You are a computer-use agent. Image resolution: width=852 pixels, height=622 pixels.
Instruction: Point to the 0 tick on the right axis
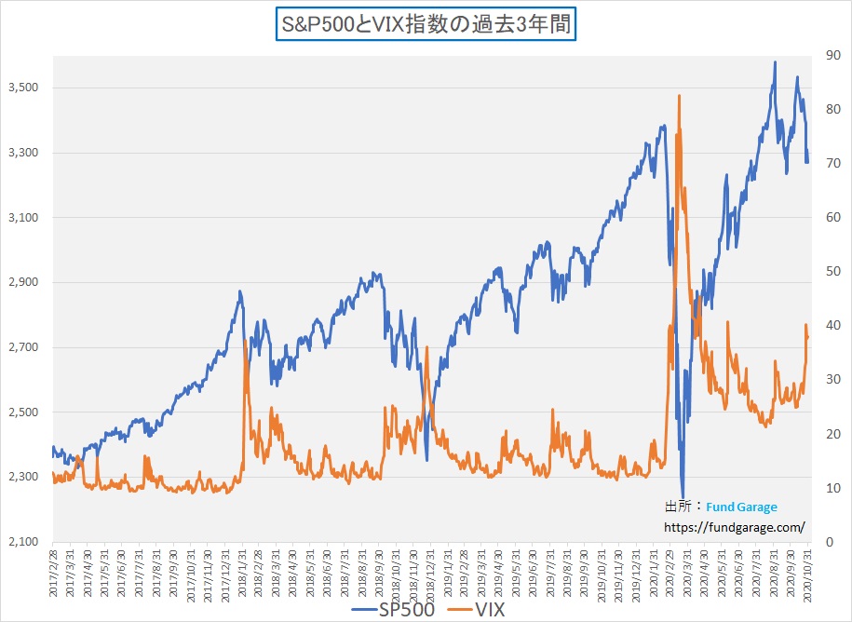tap(820, 542)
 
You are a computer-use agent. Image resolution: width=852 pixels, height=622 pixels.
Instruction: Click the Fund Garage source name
tap(741, 507)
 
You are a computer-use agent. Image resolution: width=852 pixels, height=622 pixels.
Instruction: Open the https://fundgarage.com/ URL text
tap(735, 527)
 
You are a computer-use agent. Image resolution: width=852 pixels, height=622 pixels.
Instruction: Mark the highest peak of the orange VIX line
tap(680, 95)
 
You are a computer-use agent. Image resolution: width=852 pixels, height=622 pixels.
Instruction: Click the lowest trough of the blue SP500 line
tap(683, 498)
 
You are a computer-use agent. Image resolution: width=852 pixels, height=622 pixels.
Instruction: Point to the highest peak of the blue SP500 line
tap(775, 62)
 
